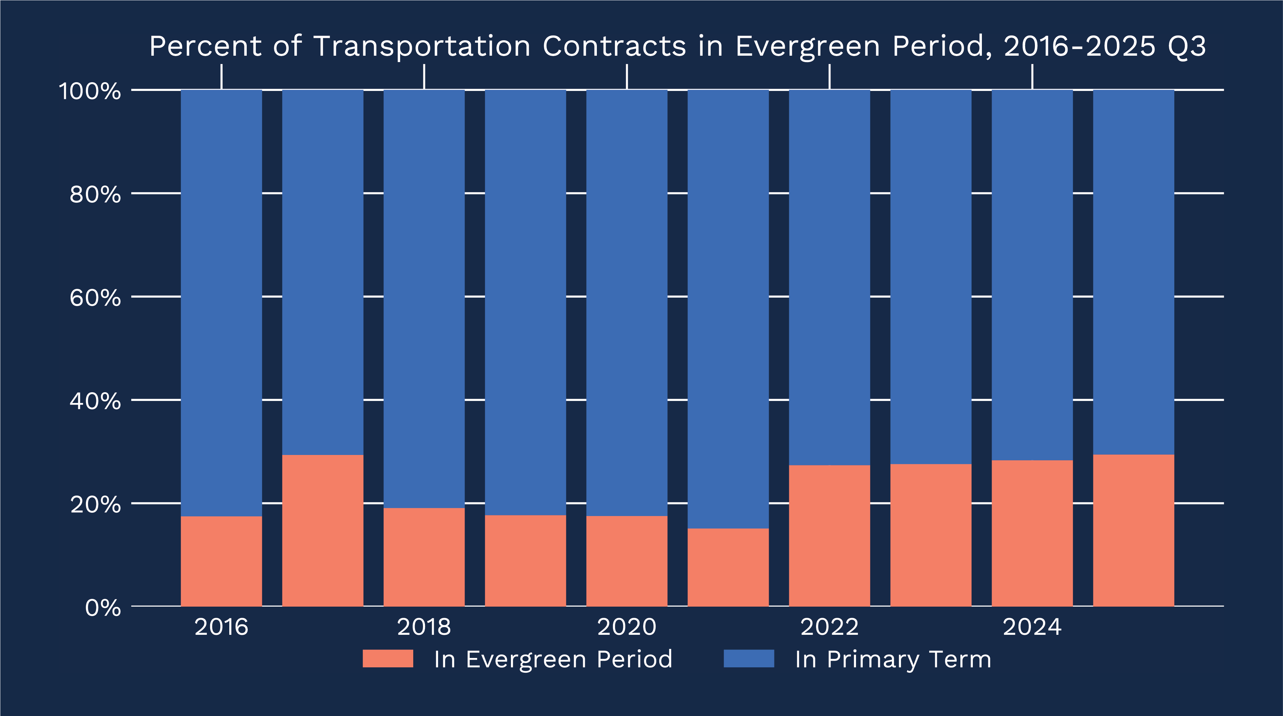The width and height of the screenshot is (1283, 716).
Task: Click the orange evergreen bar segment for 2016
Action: pos(221,561)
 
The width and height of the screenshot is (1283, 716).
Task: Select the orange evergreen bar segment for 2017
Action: pos(323,530)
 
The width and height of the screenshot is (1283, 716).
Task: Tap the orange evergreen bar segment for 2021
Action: pos(728,567)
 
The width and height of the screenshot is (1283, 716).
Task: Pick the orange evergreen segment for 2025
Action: pos(1134,530)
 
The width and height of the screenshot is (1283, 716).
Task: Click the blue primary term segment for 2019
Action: pos(525,302)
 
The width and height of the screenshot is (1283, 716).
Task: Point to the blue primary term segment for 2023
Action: pos(931,277)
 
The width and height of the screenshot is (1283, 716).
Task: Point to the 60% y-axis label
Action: pos(95,298)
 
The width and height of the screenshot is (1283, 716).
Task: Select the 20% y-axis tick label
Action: pos(95,504)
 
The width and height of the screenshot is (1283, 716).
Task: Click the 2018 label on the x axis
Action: pos(424,627)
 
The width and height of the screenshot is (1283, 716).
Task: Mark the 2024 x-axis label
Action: pos(1032,627)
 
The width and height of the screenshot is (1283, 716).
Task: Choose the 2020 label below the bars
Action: pos(626,627)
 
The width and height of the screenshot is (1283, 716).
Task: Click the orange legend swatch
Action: pos(388,658)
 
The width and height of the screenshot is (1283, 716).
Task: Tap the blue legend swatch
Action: pos(749,658)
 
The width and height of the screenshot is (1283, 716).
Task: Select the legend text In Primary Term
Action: pos(893,659)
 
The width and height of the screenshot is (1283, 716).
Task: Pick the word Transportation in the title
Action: pos(422,46)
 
